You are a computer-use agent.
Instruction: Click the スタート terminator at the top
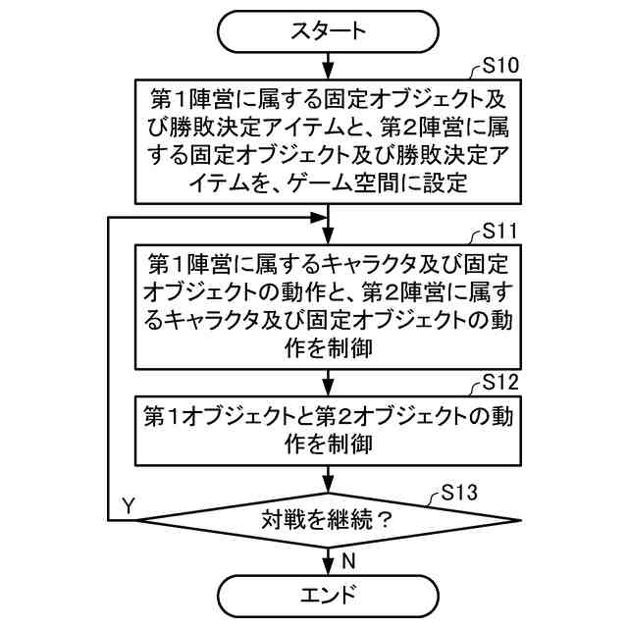[x=328, y=30]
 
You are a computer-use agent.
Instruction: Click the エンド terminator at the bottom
[x=328, y=596]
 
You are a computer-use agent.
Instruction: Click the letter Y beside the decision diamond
[x=128, y=505]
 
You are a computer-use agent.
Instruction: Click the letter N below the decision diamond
[x=347, y=560]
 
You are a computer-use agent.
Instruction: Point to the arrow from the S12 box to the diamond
[x=328, y=478]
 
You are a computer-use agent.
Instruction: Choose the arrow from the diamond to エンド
[x=328, y=559]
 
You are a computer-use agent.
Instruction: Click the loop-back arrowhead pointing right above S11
[x=319, y=218]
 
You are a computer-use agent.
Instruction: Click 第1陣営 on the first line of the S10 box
[x=187, y=99]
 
